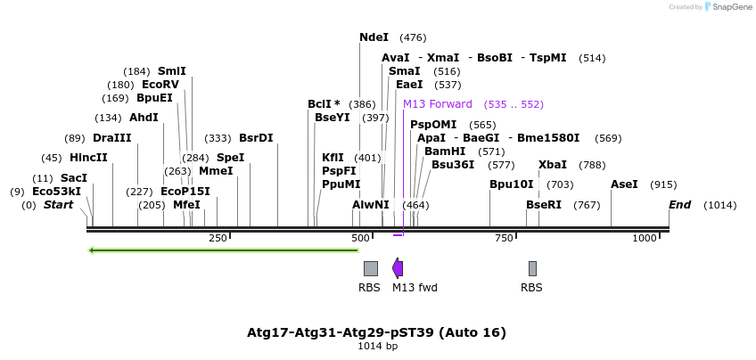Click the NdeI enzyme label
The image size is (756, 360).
pos(374,37)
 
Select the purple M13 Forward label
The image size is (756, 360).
pos(438,104)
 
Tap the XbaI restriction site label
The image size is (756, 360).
pos(553,165)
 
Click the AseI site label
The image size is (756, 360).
pos(624,184)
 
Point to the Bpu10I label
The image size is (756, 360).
pos(511,184)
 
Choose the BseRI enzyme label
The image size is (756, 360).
pos(544,205)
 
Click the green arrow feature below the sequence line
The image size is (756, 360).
pos(223,250)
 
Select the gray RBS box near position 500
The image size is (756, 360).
pos(370,268)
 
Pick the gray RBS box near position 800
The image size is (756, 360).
pos(532,268)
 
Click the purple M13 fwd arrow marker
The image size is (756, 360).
pos(398,268)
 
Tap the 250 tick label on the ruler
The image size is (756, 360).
pos(218,239)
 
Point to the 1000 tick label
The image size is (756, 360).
pos(644,239)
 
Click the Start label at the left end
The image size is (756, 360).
pos(58,205)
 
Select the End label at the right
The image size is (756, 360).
pos(680,205)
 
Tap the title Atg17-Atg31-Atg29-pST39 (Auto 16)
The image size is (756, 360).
pos(376,332)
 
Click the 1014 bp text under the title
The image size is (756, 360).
pos(377,346)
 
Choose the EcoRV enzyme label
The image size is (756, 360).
pos(160,85)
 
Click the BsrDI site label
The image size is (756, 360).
pos(256,138)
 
